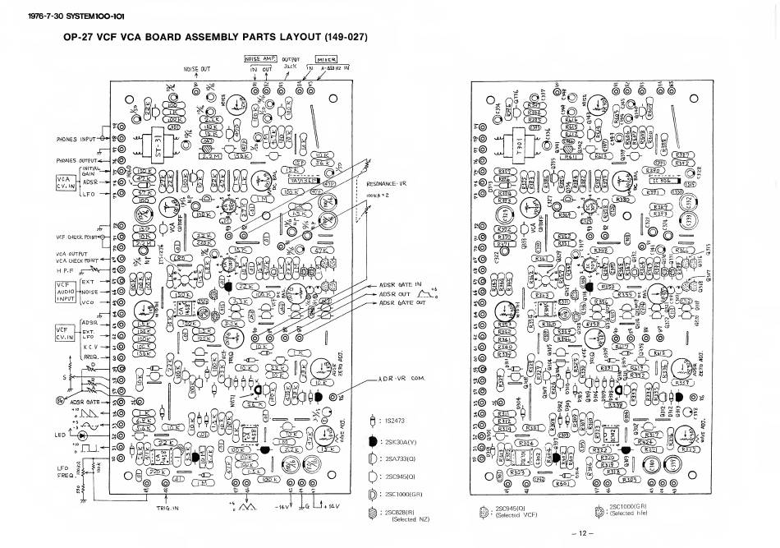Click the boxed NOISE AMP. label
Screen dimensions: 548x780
[260, 58]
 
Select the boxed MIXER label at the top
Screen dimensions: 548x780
[327, 59]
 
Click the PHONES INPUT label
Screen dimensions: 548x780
[76, 139]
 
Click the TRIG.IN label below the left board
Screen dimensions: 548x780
[168, 508]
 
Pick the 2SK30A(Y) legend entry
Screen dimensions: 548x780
[401, 439]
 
